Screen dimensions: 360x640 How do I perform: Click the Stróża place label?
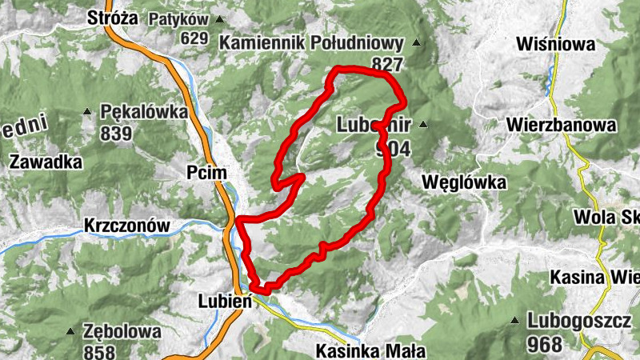[113, 18]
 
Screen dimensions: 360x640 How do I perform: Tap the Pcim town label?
[206, 173]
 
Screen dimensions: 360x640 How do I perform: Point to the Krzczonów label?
[127, 226]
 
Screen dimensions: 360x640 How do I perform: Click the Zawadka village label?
[46, 162]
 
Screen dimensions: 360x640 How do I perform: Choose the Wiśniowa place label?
[557, 45]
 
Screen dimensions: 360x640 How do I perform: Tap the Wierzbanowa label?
[561, 126]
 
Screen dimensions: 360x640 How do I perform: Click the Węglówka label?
[467, 183]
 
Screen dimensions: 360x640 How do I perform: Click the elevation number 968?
[545, 344]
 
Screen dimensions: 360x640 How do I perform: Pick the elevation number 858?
[99, 350]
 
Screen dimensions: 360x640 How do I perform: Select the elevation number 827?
[387, 63]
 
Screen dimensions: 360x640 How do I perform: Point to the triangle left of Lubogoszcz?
[515, 322]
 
